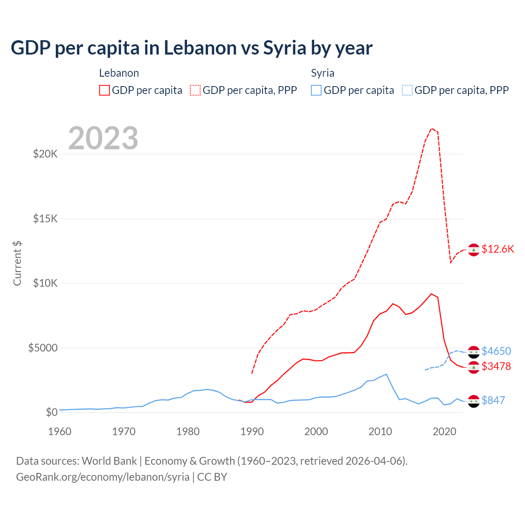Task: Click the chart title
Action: (192, 48)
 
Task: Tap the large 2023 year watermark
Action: (103, 138)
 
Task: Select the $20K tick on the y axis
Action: (45, 154)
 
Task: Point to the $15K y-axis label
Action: (45, 219)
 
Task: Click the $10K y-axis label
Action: (45, 283)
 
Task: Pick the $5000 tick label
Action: (43, 348)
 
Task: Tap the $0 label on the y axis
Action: (51, 412)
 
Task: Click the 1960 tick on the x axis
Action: (59, 431)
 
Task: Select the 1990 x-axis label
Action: (252, 431)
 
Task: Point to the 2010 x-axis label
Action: (380, 431)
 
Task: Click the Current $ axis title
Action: (17, 263)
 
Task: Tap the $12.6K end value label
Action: (498, 249)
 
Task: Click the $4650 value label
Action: (496, 351)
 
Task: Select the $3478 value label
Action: (496, 366)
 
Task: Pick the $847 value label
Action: (493, 400)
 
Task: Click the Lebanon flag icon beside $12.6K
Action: (474, 250)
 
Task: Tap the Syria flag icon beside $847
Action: (474, 401)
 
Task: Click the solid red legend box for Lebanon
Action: (105, 90)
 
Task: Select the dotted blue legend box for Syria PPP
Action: (407, 90)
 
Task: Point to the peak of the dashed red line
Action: (431, 129)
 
